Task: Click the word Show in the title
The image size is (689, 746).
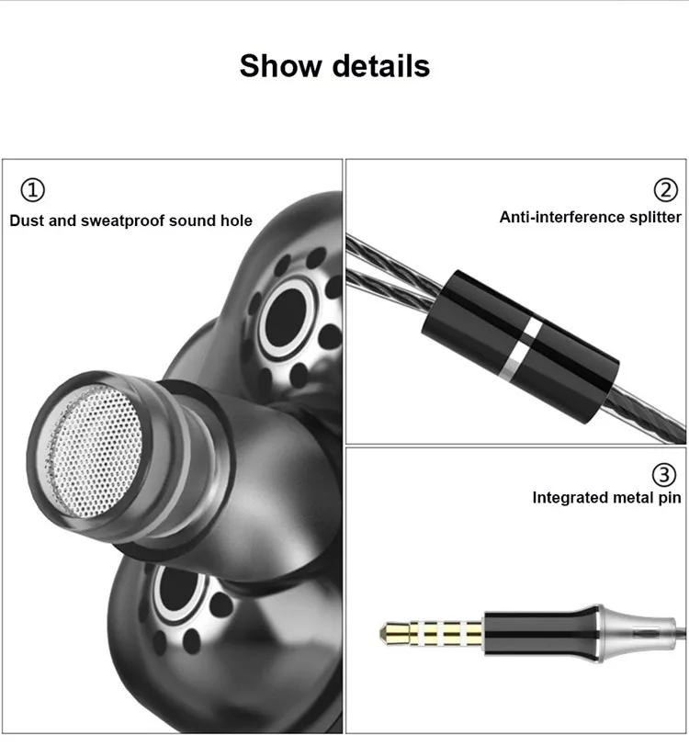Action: [x=281, y=65]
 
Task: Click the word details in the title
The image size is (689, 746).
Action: [x=381, y=65]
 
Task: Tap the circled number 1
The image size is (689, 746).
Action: [x=33, y=190]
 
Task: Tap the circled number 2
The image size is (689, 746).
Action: [x=666, y=190]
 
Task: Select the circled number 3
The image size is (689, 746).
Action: [x=664, y=475]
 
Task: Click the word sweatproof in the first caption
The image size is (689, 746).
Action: [x=122, y=221]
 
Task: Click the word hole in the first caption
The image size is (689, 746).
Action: [x=236, y=220]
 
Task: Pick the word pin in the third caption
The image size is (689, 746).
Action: [x=670, y=499]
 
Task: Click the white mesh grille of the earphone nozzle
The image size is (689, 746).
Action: [x=91, y=451]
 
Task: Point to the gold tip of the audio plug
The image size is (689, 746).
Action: [x=395, y=633]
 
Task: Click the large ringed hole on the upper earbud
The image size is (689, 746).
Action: [x=288, y=318]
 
